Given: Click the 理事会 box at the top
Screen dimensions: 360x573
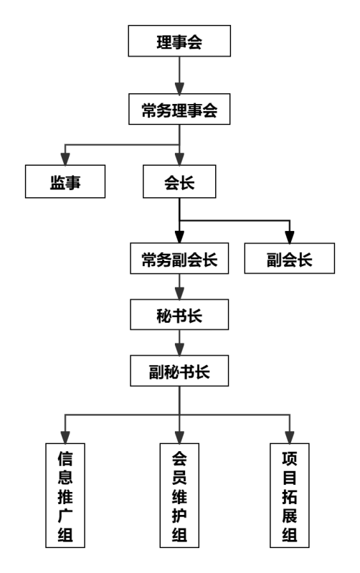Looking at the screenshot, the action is pos(179,41).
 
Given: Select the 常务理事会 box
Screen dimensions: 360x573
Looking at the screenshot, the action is pos(179,109).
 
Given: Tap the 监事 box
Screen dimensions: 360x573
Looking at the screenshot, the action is pos(65,181).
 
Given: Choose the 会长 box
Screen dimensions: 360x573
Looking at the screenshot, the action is pos(179,181).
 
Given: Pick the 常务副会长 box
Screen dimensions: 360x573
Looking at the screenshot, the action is pos(179,258).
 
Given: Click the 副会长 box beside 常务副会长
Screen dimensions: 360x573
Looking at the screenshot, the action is pos(290,258).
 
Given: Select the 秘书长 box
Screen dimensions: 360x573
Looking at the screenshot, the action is pos(179,315).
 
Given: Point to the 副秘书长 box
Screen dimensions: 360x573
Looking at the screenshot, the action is pos(179,371).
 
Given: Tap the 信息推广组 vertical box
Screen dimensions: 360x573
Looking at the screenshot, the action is pos(65,496).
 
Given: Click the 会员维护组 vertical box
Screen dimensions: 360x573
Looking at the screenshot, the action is pos(179,496).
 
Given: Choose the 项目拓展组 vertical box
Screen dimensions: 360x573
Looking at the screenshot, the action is pos(290,496).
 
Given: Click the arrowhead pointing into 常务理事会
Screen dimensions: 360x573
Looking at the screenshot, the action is pos(179,88).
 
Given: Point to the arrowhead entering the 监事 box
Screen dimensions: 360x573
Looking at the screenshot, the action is pos(65,159).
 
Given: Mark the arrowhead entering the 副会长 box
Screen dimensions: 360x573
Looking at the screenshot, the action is pos(290,237).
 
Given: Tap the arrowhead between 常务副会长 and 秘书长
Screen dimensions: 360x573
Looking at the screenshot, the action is pos(179,294).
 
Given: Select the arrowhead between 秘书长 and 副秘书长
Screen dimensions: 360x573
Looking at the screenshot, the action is pos(179,350).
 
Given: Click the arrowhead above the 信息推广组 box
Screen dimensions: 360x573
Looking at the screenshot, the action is pos(65,437).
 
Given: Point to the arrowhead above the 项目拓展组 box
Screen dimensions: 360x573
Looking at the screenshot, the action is pos(290,437).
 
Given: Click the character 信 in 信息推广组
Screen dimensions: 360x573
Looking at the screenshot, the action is pos(65,459).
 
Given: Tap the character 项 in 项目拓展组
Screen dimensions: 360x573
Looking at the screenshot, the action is pos(290,459).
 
